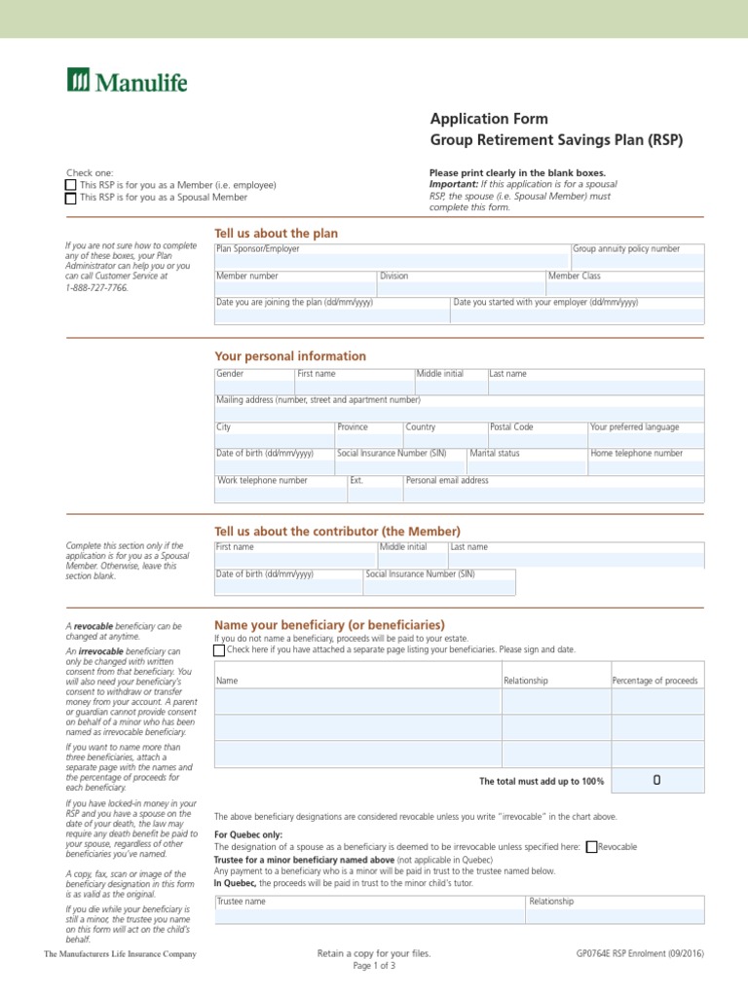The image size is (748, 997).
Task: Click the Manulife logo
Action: coord(127,80)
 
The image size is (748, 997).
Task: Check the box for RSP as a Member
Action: coord(70,185)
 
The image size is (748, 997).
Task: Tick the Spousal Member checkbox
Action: coord(70,198)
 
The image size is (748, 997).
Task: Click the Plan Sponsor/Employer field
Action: coord(392,261)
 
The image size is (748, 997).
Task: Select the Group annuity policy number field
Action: coord(637,261)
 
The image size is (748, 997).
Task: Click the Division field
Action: coord(461,288)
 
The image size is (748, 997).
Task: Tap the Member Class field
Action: coord(624,288)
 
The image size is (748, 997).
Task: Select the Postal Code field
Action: coord(537,440)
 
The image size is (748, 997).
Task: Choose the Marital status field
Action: coord(527,466)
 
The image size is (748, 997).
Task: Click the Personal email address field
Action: coord(552,494)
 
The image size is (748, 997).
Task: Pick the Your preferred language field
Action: coord(645,440)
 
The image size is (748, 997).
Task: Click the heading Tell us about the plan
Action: coord(276,234)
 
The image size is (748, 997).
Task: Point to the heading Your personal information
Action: coord(290,356)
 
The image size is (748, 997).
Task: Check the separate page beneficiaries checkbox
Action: coord(219,649)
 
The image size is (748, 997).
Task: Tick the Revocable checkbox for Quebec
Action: coord(591,847)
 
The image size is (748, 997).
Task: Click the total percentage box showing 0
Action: coord(656,781)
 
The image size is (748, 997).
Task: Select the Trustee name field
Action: coord(369,915)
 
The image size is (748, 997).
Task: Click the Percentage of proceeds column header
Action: coord(654,681)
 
